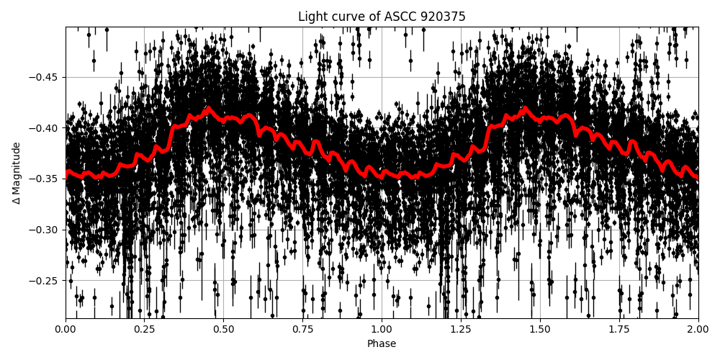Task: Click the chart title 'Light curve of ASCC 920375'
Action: tap(382, 17)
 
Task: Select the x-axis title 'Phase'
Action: tap(382, 343)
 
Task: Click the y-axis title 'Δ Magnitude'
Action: tap(17, 173)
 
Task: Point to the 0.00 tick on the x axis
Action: tap(66, 329)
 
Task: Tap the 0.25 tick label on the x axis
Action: tap(144, 329)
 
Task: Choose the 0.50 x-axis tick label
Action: tap(223, 329)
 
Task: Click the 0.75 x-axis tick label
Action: tap(302, 329)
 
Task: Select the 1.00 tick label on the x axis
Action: tap(382, 329)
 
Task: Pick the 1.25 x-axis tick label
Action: tap(461, 329)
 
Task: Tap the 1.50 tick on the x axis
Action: tap(540, 329)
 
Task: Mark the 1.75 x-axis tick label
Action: tap(619, 329)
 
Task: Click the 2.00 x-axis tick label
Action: tap(698, 329)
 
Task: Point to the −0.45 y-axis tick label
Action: tap(45, 77)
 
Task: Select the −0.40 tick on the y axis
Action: tap(45, 128)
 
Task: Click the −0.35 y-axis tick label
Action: tap(45, 179)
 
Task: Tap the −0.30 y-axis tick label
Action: tap(45, 230)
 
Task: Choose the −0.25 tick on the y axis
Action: tap(45, 280)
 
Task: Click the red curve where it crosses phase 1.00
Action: tap(382, 174)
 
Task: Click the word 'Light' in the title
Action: tap(311, 17)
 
